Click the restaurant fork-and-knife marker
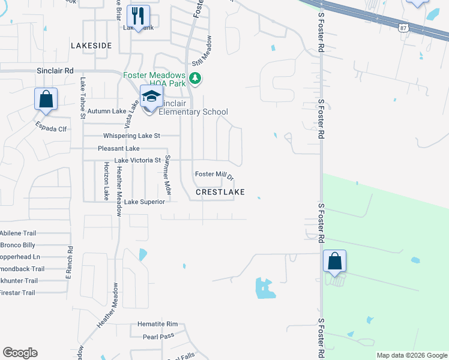pyautogui.click(x=138, y=16)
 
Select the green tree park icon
pyautogui.click(x=195, y=78)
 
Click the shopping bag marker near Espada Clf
pyautogui.click(x=46, y=99)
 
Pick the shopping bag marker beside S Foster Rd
pyautogui.click(x=334, y=262)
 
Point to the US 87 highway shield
pyautogui.click(x=405, y=26)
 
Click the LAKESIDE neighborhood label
pyautogui.click(x=91, y=46)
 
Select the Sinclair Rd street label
pyautogui.click(x=55, y=71)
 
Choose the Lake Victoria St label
pyautogui.click(x=137, y=161)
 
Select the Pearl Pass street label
pyautogui.click(x=158, y=337)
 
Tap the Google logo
pyautogui.click(x=20, y=353)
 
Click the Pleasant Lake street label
pyautogui.click(x=119, y=149)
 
